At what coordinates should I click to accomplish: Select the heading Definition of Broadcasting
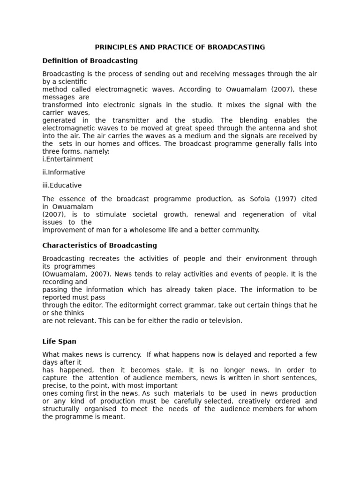90,60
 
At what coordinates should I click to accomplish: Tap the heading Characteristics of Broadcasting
99,245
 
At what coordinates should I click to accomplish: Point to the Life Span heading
59,342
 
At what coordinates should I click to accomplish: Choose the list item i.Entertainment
67,159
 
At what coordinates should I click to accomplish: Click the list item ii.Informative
64,172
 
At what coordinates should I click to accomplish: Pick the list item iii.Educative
62,186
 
